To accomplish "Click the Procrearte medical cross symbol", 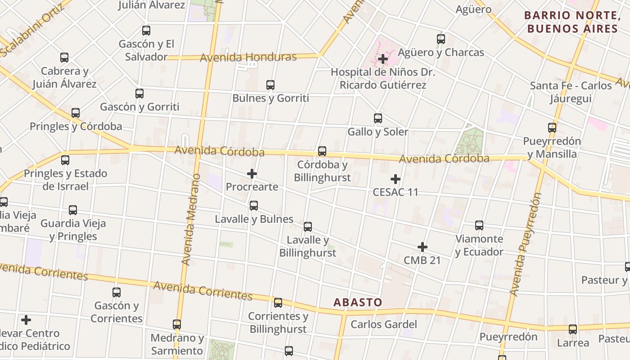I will pos(252,174).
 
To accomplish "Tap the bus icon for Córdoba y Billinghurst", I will pos(322,151).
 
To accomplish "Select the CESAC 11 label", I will pos(396,192).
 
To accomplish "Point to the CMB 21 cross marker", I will pos(422,247).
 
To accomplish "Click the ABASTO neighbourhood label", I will pos(358,302).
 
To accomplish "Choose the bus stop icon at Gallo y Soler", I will pos(378,118).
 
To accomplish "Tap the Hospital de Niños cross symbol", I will pos(383,59).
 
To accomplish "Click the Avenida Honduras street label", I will pos(248,57).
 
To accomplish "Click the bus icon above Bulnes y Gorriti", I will pos(270,85).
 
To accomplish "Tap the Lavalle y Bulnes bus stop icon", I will pos(254,206).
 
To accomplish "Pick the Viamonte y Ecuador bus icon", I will pos(479,225).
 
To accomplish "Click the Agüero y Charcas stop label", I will pos(441,52).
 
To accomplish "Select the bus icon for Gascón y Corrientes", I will pos(117,292).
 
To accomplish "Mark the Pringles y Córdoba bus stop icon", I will pos(76,113).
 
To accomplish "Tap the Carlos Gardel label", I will pos(384,324).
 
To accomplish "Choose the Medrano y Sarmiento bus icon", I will pos(177,324).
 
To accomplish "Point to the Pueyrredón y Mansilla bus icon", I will pos(552,128).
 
